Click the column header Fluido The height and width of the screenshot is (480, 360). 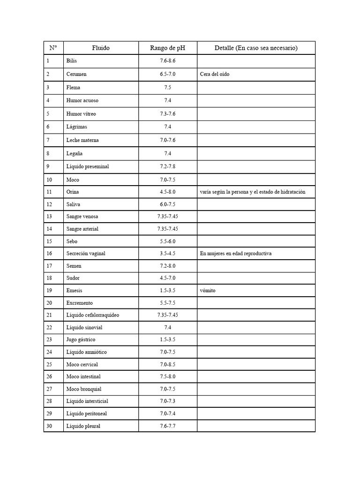click(101, 48)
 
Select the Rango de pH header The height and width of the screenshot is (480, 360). click(168, 48)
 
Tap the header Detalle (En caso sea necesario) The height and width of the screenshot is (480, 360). click(256, 48)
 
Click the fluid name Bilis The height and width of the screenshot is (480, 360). click(72, 61)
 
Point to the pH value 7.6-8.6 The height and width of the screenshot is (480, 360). click(168, 61)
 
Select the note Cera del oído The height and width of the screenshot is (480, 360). click(215, 74)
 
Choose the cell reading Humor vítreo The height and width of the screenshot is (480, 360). click(81, 114)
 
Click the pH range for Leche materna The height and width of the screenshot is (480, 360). click(168, 140)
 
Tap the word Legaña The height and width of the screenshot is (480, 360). click(75, 153)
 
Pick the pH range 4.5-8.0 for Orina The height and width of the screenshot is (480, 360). click(168, 192)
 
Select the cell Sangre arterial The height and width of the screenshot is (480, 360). click(82, 229)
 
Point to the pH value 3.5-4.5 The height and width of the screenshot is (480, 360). click(168, 254)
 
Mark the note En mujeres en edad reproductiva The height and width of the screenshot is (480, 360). click(236, 254)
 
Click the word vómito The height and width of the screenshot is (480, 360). click(208, 291)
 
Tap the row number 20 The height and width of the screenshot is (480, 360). click(50, 303)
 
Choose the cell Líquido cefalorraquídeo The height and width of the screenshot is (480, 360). click(93, 315)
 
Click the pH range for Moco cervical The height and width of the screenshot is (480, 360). click(168, 364)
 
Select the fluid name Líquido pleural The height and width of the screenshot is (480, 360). click(83, 426)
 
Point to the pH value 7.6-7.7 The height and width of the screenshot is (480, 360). click(168, 426)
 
